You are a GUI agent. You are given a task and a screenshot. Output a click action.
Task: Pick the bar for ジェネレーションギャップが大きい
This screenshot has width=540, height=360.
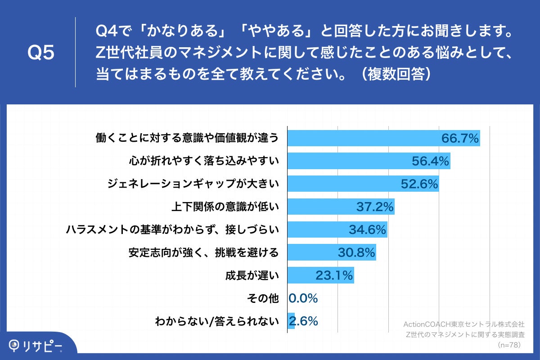pos(342,184)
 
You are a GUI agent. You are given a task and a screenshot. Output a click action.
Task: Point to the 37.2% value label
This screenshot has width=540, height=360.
pos(375,207)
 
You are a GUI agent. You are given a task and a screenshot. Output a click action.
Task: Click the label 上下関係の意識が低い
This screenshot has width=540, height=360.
pos(225,207)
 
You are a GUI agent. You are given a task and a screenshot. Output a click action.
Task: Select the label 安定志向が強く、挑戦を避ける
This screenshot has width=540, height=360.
pos(203,252)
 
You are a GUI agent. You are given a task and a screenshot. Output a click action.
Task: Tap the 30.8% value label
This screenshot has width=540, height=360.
pos(356,252)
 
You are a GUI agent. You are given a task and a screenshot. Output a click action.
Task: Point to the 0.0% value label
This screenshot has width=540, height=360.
pos(303,298)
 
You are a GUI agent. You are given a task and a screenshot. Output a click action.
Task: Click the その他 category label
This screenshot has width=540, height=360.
pos(263,298)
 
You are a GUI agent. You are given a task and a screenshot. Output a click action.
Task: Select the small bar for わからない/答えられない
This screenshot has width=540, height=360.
pos(291,321)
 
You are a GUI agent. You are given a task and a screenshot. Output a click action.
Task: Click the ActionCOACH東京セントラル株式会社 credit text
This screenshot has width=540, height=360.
pos(464,324)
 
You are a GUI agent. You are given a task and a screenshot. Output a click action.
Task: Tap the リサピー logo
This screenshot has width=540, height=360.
pos(36,346)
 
